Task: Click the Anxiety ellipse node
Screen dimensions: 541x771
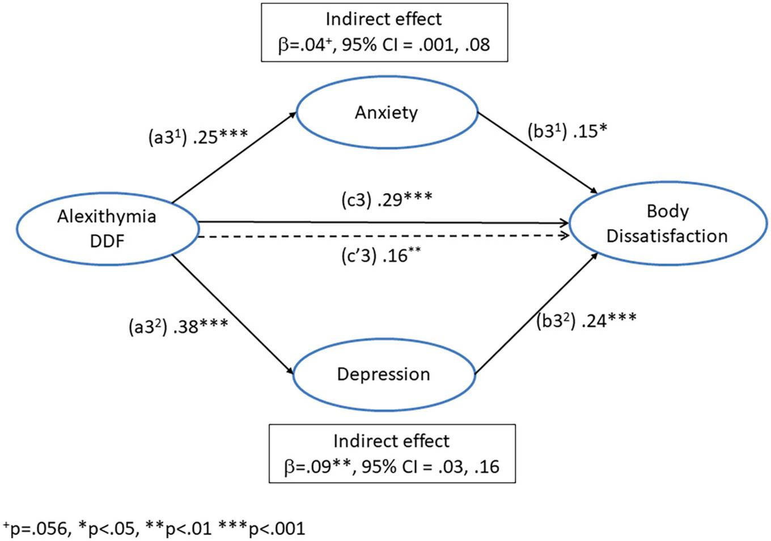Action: pyautogui.click(x=387, y=113)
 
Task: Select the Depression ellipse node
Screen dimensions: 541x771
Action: pyautogui.click(x=383, y=374)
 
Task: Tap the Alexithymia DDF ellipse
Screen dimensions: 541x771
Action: pyautogui.click(x=107, y=229)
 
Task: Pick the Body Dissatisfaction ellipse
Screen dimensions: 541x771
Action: pyautogui.click(x=667, y=224)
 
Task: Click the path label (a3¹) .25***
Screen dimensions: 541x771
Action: pyautogui.click(x=197, y=137)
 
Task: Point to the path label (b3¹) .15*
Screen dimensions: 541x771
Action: pyautogui.click(x=567, y=131)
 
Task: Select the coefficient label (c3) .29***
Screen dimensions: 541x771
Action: pyautogui.click(x=387, y=199)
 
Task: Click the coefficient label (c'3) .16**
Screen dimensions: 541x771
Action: pyautogui.click(x=381, y=256)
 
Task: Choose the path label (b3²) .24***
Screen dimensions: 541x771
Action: pyautogui.click(x=586, y=320)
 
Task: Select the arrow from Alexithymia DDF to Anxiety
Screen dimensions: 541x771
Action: pyautogui.click(x=234, y=157)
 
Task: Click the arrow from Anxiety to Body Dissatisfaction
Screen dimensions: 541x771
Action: pyautogui.click(x=537, y=152)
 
